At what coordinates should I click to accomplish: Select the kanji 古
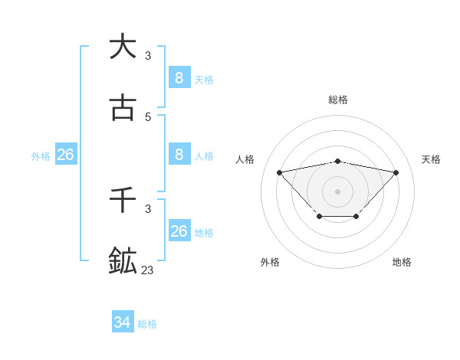(x=123, y=109)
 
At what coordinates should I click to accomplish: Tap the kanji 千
(x=123, y=200)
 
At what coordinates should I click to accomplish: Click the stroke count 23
(x=147, y=270)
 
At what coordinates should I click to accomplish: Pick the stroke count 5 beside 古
(x=148, y=117)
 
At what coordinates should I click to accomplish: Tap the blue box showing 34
(x=123, y=322)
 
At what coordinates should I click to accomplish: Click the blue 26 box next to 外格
(x=65, y=155)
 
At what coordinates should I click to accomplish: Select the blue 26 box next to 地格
(x=179, y=231)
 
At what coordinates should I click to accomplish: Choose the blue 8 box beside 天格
(x=179, y=77)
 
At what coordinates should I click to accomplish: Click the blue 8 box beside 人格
(x=179, y=155)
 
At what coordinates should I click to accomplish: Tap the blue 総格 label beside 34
(x=147, y=324)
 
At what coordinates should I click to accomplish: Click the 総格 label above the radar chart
(x=338, y=100)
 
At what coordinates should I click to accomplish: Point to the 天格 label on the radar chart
(x=431, y=159)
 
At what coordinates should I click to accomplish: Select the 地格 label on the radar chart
(x=402, y=262)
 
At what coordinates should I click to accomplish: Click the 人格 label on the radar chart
(x=245, y=159)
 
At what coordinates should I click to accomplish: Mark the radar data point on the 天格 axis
(x=396, y=172)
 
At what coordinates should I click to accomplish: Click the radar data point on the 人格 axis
(x=279, y=172)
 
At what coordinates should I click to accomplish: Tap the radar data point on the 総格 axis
(x=338, y=162)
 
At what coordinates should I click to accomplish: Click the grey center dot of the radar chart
(x=338, y=191)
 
